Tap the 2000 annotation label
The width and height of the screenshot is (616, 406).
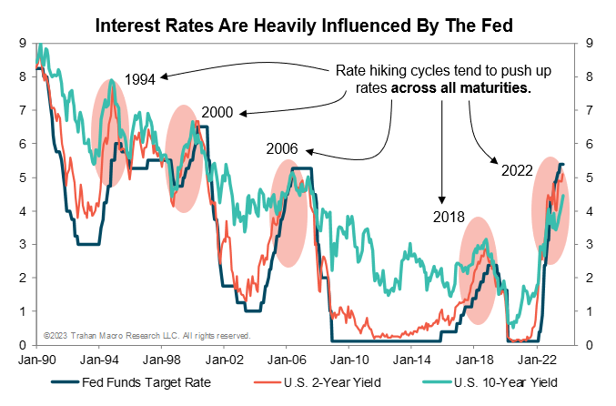pos(218,112)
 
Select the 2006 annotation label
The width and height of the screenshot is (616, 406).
pos(282,148)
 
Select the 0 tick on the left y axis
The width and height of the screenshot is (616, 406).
pos(22,345)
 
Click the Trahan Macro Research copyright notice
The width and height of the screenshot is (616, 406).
pos(146,336)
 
